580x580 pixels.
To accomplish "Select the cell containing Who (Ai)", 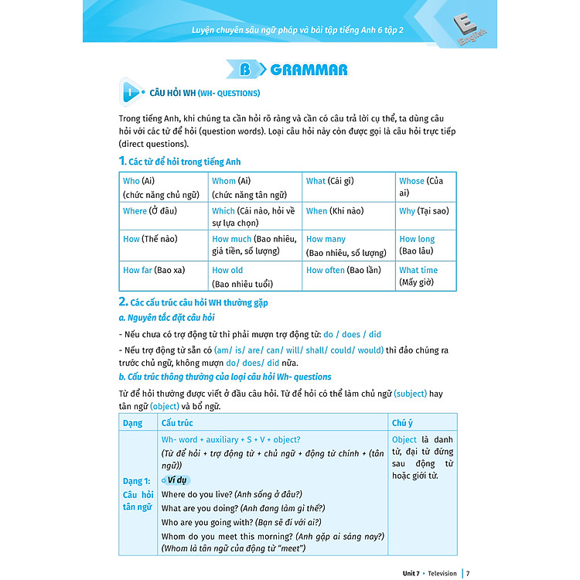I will [163, 187].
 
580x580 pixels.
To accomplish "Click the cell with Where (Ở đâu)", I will [163, 216].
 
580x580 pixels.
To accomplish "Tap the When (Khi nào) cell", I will [347, 216].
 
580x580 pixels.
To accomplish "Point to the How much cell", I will [254, 245].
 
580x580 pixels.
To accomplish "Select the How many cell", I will [347, 245].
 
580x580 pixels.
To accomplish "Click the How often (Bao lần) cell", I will [347, 275].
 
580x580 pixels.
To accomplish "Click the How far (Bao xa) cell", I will [163, 275].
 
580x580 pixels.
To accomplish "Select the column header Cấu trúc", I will [177, 423].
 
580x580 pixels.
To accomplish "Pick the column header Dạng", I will [133, 423].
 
